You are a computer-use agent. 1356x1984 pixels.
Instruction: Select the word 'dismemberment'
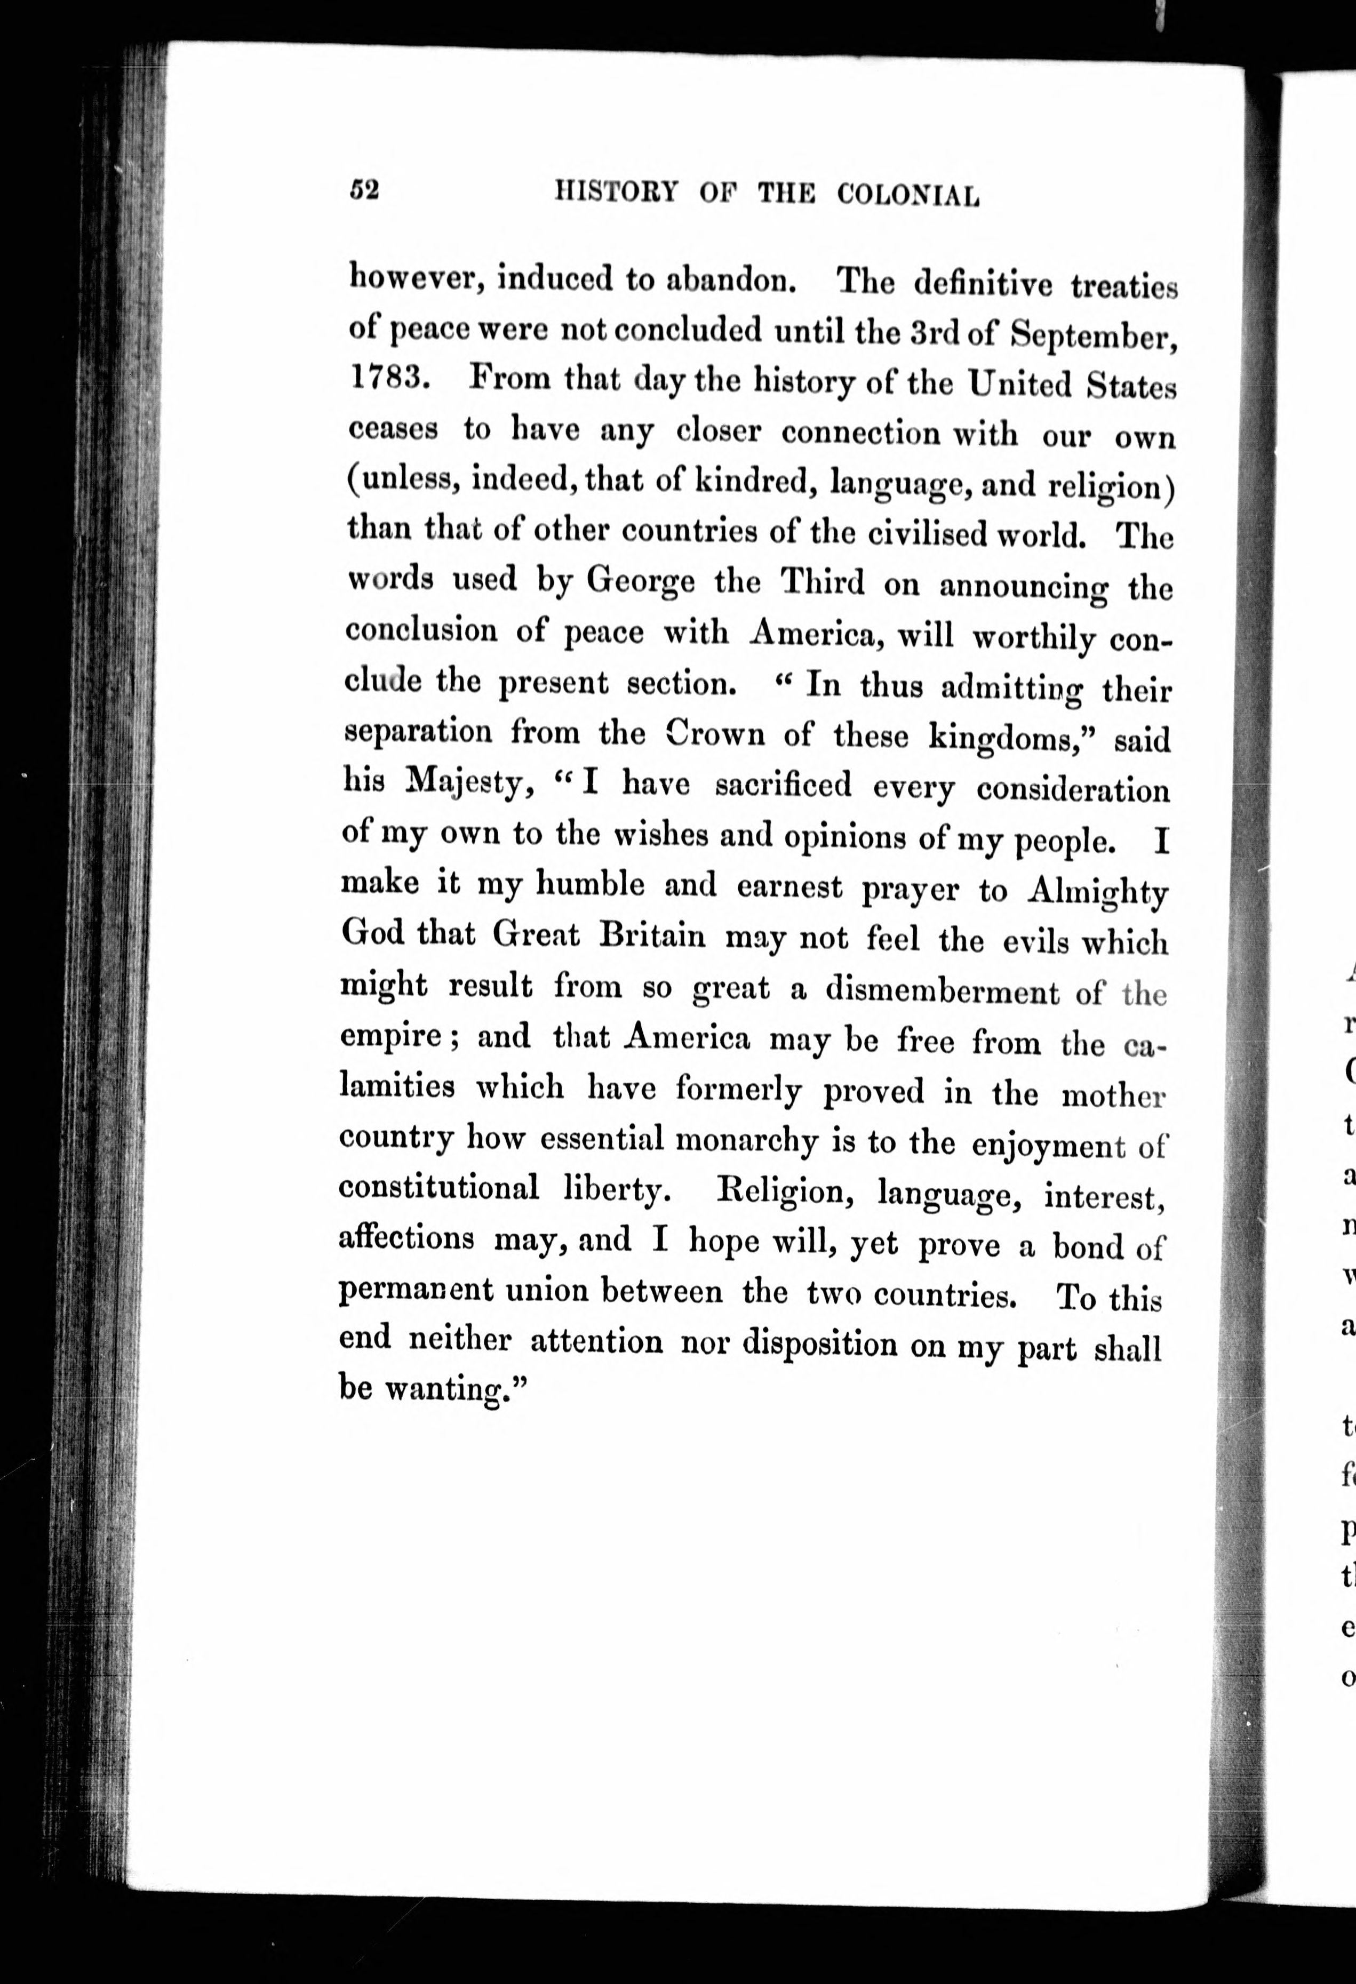click(942, 991)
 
